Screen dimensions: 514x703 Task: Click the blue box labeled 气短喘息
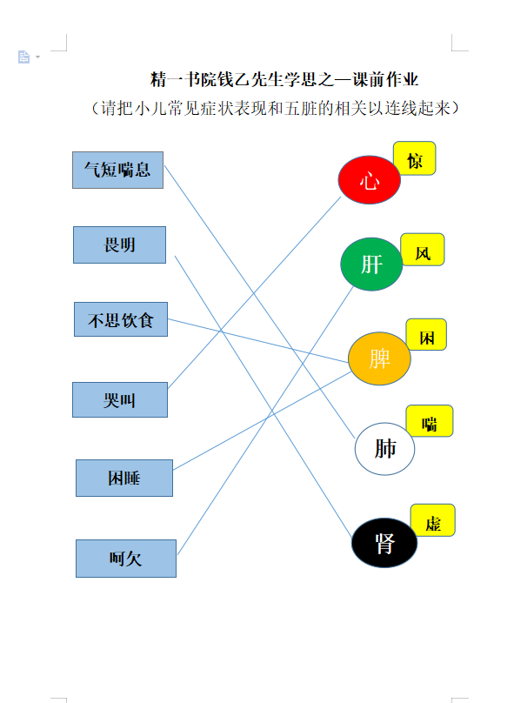pos(118,170)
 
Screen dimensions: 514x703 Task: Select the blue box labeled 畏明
pos(120,244)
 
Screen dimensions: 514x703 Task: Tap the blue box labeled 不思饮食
pos(121,319)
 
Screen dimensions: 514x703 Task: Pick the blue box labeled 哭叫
pos(120,400)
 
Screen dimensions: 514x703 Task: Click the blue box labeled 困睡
pos(124,478)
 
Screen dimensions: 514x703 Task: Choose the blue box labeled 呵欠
pos(126,559)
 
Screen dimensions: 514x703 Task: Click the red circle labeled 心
pos(370,180)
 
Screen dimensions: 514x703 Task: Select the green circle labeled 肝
pos(371,264)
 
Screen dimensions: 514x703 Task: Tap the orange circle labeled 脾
pos(379,358)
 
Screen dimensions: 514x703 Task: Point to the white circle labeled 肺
pos(385,449)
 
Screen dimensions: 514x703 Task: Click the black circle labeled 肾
pos(384,543)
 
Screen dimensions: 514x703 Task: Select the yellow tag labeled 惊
pos(415,158)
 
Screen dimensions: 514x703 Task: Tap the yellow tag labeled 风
pos(423,250)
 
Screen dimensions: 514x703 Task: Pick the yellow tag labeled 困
pos(427,334)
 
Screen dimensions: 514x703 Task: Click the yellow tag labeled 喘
pos(430,421)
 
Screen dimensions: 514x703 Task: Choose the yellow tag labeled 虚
pos(433,520)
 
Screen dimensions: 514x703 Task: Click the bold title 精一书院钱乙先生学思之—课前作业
pos(284,80)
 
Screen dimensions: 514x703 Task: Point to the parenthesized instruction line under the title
pos(275,108)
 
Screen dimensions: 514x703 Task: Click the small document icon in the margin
pos(23,57)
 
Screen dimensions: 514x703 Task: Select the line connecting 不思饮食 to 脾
pos(258,340)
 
